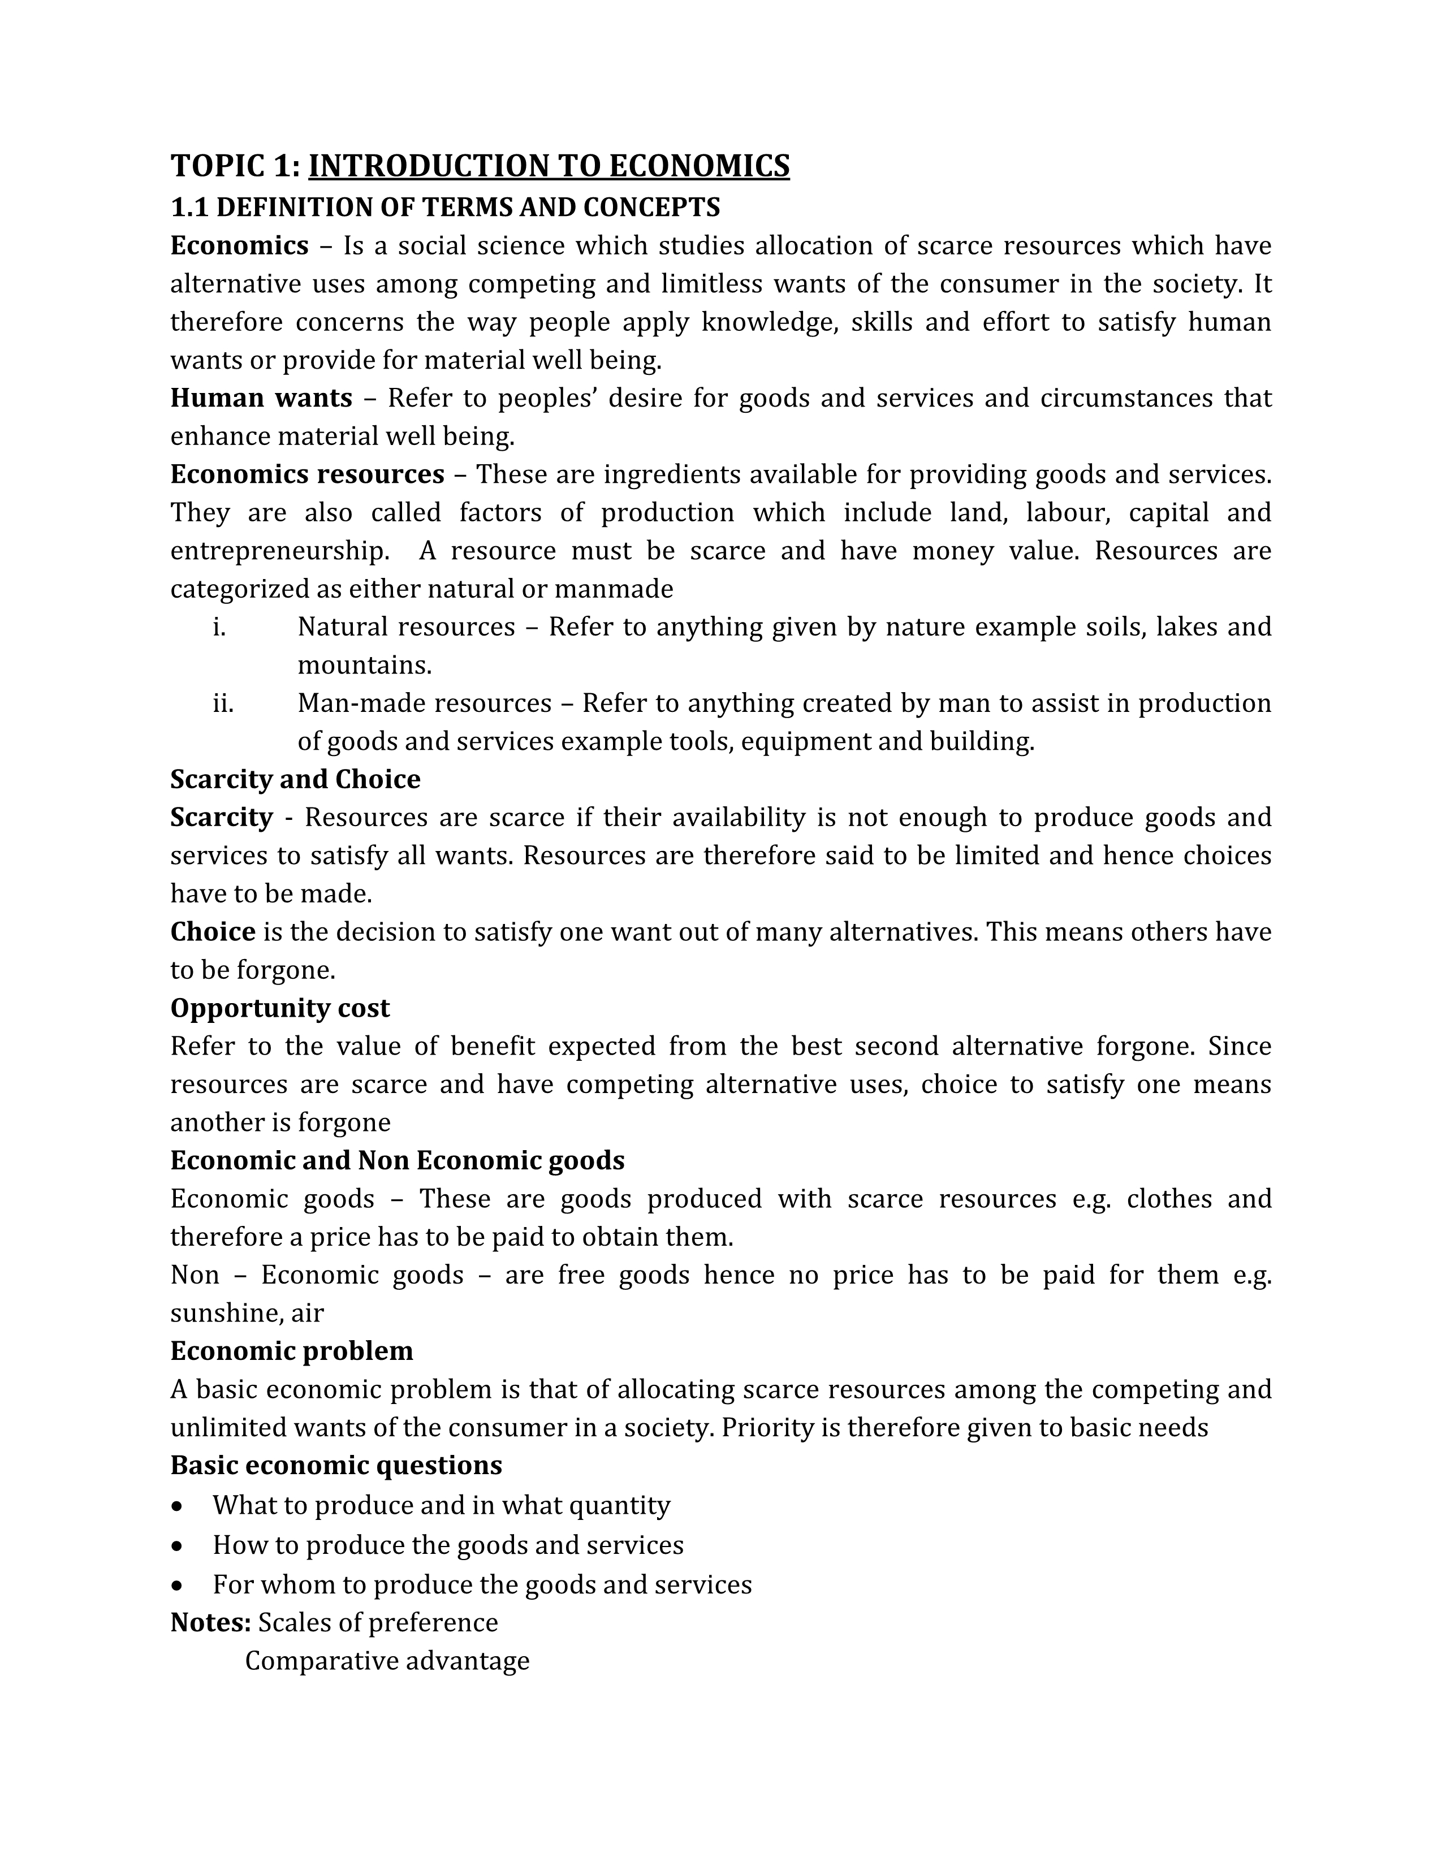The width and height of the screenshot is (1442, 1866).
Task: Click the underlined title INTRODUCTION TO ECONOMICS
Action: [549, 166]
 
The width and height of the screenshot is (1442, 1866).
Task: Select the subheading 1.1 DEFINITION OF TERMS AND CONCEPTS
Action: [445, 208]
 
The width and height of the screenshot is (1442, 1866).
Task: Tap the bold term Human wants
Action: [261, 398]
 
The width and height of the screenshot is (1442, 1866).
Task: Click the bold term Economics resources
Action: [306, 474]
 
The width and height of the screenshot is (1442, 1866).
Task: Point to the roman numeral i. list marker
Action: [219, 627]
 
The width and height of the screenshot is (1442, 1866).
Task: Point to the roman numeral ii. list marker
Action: [223, 703]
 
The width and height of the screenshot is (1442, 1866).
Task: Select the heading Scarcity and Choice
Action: [295, 779]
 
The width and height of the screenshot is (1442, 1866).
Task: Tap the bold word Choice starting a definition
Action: [213, 931]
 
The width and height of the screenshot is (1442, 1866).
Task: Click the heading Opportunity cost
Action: [279, 1008]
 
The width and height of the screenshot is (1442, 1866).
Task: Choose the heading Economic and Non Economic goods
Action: [397, 1160]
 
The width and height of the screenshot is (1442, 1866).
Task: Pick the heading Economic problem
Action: [291, 1351]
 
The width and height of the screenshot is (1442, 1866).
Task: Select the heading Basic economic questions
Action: [336, 1465]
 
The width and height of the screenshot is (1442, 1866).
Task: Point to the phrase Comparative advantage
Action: [387, 1661]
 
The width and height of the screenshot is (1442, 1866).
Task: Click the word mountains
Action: [364, 666]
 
